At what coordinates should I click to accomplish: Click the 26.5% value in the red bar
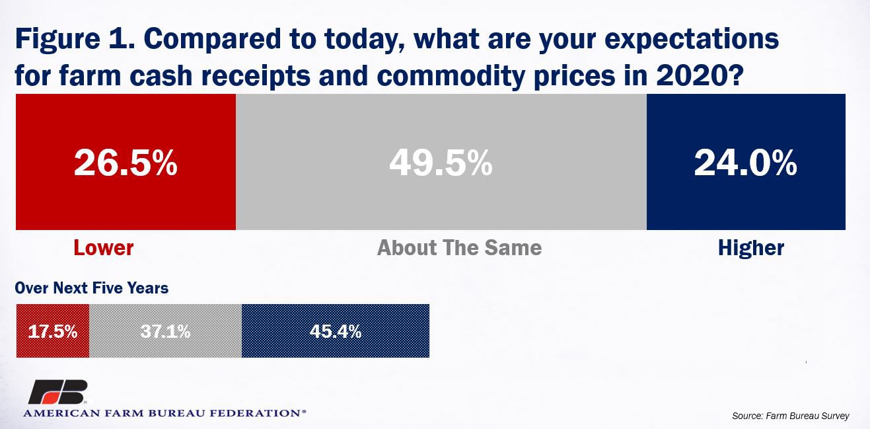pyautogui.click(x=126, y=163)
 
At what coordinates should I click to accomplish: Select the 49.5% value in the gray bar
pyautogui.click(x=441, y=163)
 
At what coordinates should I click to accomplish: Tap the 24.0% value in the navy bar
pyautogui.click(x=745, y=163)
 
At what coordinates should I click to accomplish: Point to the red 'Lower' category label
pyautogui.click(x=103, y=247)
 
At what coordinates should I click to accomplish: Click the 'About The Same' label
pyautogui.click(x=459, y=247)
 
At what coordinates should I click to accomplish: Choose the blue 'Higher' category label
pyautogui.click(x=751, y=248)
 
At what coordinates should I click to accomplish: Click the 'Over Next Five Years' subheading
pyautogui.click(x=92, y=288)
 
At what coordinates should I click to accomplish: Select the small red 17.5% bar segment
pyautogui.click(x=53, y=331)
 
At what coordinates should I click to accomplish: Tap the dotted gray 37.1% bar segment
pyautogui.click(x=165, y=331)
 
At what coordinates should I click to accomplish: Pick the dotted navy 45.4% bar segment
pyautogui.click(x=336, y=331)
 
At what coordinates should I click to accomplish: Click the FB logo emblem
pyautogui.click(x=58, y=392)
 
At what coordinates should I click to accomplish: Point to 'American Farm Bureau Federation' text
pyautogui.click(x=164, y=412)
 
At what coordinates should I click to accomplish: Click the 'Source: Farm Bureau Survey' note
pyautogui.click(x=790, y=416)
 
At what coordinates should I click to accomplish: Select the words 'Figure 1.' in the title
pyautogui.click(x=75, y=39)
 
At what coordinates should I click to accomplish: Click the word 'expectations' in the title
pyautogui.click(x=692, y=40)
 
